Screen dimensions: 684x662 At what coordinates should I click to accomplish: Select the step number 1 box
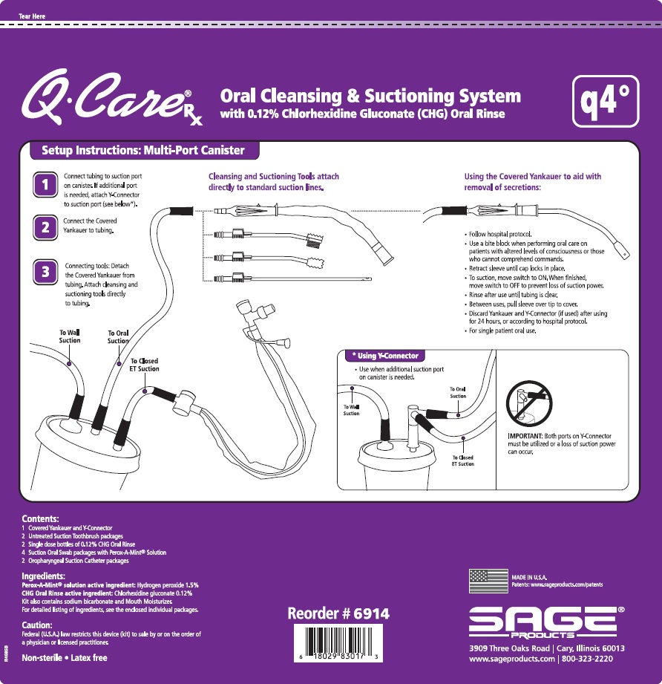point(46,186)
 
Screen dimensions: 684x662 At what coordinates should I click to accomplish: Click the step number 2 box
point(46,228)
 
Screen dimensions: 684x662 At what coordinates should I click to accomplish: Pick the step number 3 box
point(46,271)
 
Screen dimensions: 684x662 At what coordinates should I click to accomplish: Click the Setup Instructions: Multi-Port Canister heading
point(143,151)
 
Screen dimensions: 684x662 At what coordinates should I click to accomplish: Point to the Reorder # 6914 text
point(338,614)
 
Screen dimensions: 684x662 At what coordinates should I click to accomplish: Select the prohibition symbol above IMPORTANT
point(528,401)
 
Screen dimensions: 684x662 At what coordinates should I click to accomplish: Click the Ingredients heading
point(47,576)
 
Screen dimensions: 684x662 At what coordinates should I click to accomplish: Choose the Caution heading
point(37,625)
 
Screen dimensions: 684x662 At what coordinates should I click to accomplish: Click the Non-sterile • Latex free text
point(65,658)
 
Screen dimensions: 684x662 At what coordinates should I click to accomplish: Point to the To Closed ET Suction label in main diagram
point(144,365)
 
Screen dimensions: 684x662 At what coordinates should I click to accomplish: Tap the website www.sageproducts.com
point(512,659)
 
